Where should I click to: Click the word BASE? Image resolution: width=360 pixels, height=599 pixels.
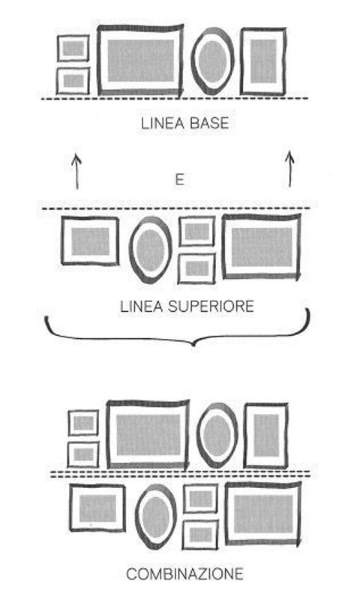pos(209,124)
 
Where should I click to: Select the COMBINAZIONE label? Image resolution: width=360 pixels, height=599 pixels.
pos(184,574)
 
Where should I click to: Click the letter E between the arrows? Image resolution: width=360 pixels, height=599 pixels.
pos(179,179)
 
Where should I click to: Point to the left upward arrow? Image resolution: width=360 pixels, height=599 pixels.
pos(76,171)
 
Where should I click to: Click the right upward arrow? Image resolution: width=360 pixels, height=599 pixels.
pos(289,169)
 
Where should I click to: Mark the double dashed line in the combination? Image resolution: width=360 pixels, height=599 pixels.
pos(181,475)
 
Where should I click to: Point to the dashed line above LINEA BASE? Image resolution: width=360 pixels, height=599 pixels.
pos(174,99)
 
